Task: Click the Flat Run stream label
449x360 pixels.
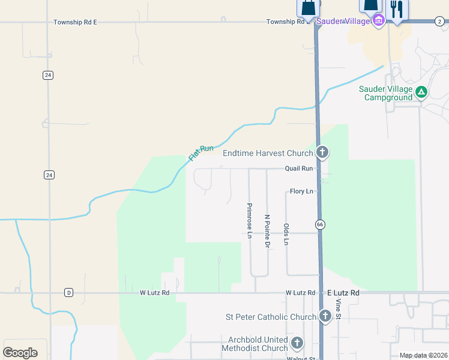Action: (201, 152)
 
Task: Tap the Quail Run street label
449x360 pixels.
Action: (299, 169)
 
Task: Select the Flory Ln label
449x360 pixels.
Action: (301, 191)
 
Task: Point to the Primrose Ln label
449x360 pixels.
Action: (249, 221)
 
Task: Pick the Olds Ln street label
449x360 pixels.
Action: (286, 234)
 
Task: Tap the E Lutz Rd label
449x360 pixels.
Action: (343, 293)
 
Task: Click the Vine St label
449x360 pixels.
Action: (339, 308)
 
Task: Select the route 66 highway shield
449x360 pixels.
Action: (319, 224)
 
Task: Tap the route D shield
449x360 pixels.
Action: (69, 293)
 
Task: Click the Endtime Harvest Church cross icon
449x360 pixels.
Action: (322, 152)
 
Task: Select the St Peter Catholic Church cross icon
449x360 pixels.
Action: (325, 316)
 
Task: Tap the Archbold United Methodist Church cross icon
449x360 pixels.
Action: (297, 343)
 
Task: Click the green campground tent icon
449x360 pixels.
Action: (421, 92)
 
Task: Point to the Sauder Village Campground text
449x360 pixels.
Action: (385, 93)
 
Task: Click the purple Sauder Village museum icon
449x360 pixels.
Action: (379, 22)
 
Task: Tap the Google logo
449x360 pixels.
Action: (20, 352)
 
